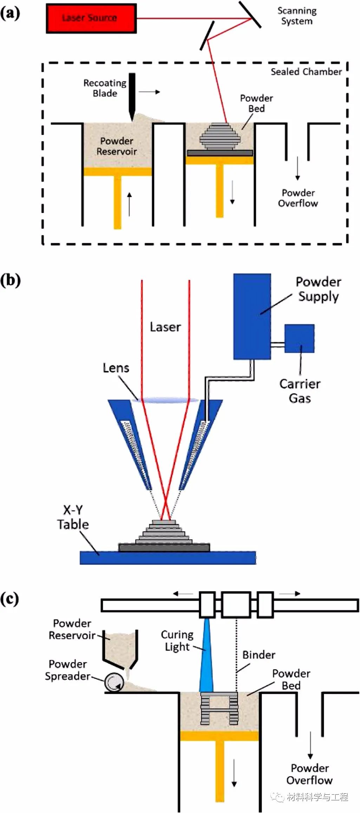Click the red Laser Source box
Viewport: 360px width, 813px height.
point(91,18)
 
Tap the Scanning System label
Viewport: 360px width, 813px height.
point(297,16)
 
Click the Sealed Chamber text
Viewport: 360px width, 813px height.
point(306,72)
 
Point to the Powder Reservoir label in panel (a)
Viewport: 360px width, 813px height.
point(117,146)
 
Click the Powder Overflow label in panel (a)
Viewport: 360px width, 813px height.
point(298,198)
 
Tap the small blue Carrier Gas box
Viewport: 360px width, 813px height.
point(299,338)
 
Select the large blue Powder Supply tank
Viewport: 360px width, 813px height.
point(252,316)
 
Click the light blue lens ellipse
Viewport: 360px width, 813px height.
point(167,399)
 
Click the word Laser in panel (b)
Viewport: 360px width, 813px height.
point(165,327)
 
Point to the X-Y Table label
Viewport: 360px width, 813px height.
point(73,517)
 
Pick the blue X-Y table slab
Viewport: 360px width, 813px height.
point(168,558)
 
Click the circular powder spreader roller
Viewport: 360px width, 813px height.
point(114,682)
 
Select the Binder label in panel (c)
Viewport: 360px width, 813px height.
point(258,655)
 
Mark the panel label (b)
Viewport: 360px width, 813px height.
point(10,280)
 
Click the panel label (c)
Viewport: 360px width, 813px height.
point(9,599)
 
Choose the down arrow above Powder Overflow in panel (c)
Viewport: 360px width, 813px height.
point(310,745)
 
